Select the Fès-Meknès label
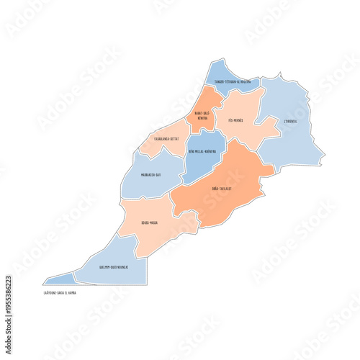coord(233,120)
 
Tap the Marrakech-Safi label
coord(151,174)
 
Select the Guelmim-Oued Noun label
coord(113,267)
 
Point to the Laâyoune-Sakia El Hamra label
coord(60,293)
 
